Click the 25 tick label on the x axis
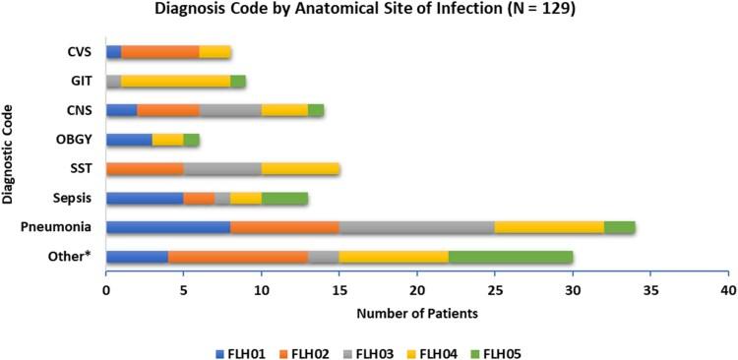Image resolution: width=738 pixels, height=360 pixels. pyautogui.click(x=495, y=291)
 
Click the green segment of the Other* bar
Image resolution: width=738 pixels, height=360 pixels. pyautogui.click(x=511, y=257)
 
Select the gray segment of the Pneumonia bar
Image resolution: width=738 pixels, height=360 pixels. pyautogui.click(x=417, y=227)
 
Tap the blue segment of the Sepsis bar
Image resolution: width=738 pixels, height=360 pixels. pyautogui.click(x=145, y=198)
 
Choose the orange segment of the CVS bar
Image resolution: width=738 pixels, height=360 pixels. pyautogui.click(x=160, y=51)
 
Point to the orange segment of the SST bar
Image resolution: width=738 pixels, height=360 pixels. pyautogui.click(x=145, y=168)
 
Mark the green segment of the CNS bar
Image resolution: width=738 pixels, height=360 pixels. pyautogui.click(x=316, y=110)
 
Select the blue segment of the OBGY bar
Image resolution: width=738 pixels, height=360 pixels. pyautogui.click(x=129, y=139)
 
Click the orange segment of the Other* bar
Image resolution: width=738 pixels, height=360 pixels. pyautogui.click(x=238, y=257)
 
